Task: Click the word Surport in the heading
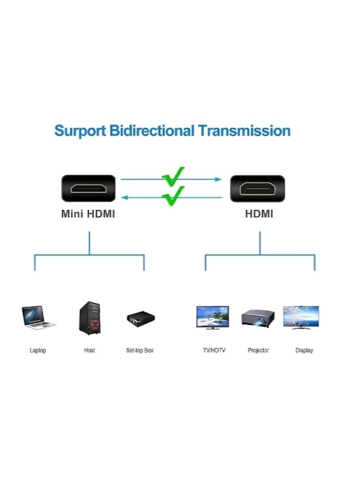(80, 131)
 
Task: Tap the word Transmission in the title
(244, 131)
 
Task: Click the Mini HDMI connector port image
(88, 188)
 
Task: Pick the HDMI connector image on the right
(257, 188)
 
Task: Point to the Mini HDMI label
(88, 214)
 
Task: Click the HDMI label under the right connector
(259, 214)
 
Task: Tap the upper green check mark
(173, 176)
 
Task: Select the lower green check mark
(173, 195)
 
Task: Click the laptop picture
(38, 317)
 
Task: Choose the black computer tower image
(90, 318)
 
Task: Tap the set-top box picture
(139, 318)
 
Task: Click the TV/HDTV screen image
(212, 317)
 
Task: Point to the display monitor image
(301, 317)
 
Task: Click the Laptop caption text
(38, 351)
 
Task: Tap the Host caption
(90, 351)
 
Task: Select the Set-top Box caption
(140, 351)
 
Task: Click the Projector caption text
(258, 351)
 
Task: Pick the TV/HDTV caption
(214, 351)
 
